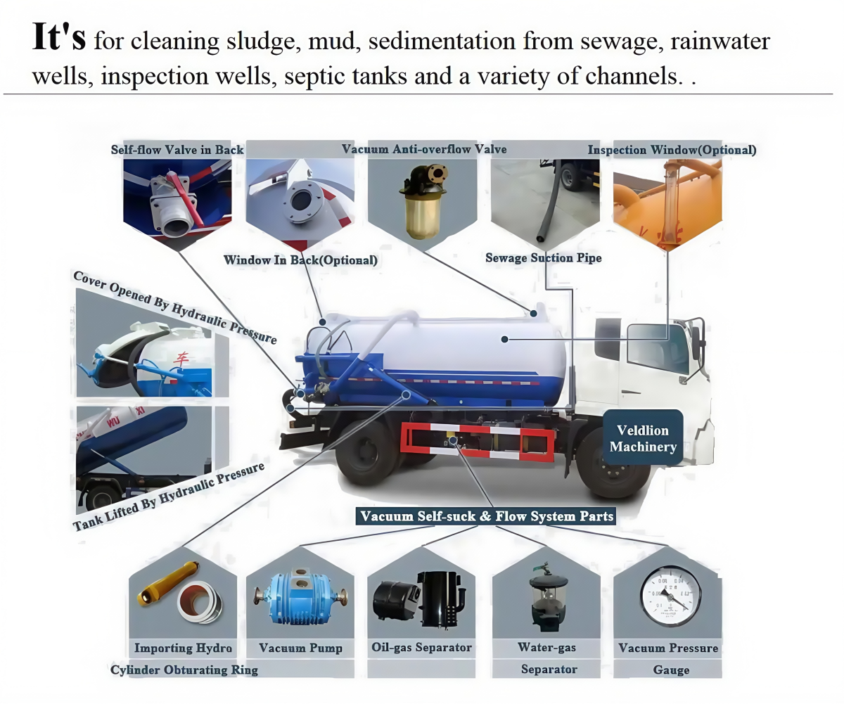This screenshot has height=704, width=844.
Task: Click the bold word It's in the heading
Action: coord(59,39)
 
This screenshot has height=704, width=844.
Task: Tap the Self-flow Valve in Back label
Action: coord(177,150)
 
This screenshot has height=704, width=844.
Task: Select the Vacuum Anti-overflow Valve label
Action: coord(423,149)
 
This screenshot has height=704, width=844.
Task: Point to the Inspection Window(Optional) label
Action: coord(672,150)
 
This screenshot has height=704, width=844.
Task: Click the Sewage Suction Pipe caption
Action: coord(543,258)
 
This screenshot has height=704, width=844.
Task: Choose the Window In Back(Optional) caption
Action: coord(300,260)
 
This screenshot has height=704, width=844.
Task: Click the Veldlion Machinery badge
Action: coord(643,437)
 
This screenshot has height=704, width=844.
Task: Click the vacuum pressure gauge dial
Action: coord(670,596)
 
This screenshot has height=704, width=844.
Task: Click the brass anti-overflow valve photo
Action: coord(422,204)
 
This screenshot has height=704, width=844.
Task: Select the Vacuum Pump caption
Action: coord(300,648)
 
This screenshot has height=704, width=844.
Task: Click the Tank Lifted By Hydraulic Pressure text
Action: coord(169,496)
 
